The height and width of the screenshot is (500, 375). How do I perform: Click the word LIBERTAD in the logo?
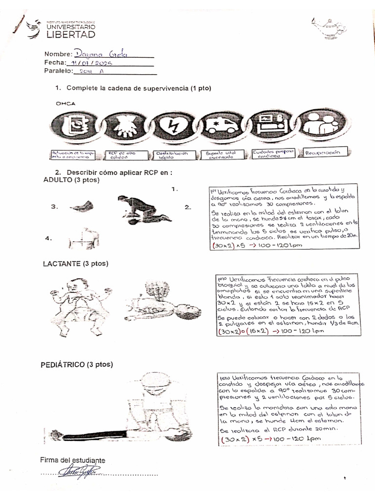click(x=70, y=34)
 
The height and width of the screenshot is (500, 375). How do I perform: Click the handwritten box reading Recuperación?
click(x=326, y=153)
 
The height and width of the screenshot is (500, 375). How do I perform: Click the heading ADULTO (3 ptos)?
click(x=71, y=180)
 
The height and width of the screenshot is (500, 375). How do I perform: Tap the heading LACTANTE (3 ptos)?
click(x=76, y=264)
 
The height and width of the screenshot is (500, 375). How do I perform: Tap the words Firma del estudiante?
click(x=72, y=460)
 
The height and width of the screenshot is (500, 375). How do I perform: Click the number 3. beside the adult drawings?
click(x=54, y=207)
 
